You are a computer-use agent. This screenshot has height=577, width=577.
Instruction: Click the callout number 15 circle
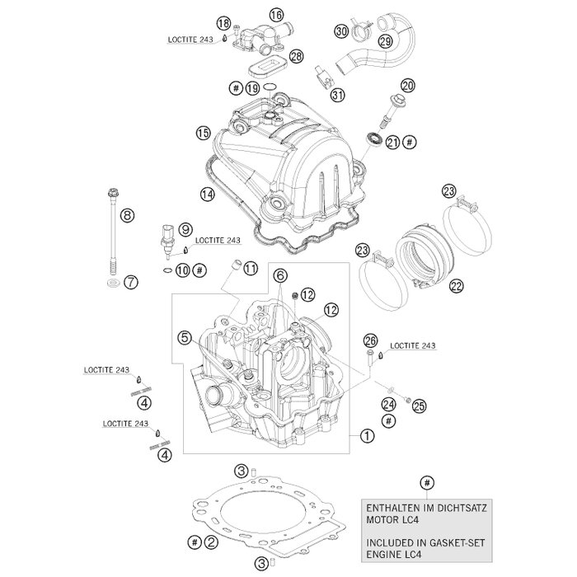(203, 133)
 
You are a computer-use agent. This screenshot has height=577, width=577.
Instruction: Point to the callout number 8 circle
(126, 217)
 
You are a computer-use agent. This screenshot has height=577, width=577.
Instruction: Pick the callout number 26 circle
(370, 341)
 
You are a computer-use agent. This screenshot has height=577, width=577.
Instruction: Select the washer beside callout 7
(110, 284)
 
